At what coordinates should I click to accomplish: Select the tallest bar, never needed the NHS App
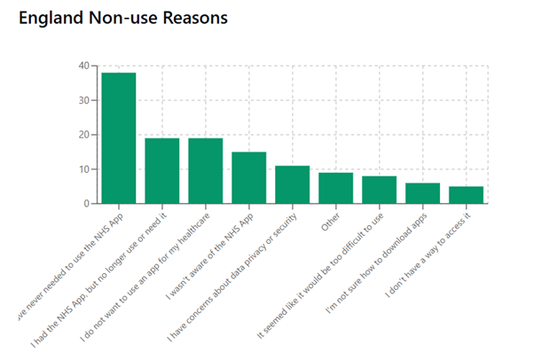click(118, 138)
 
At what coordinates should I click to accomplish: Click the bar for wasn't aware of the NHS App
click(248, 178)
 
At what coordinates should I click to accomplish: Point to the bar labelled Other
click(335, 189)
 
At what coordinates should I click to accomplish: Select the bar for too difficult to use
click(379, 191)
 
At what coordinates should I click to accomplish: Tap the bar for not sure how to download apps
click(422, 194)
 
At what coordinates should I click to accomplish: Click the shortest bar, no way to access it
click(466, 196)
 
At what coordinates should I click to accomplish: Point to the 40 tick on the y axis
click(82, 66)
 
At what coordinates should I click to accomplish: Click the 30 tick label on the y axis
click(82, 100)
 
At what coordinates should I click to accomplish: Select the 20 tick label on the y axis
click(82, 135)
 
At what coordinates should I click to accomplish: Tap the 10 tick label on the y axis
click(82, 169)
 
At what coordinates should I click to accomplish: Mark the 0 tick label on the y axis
click(86, 204)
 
